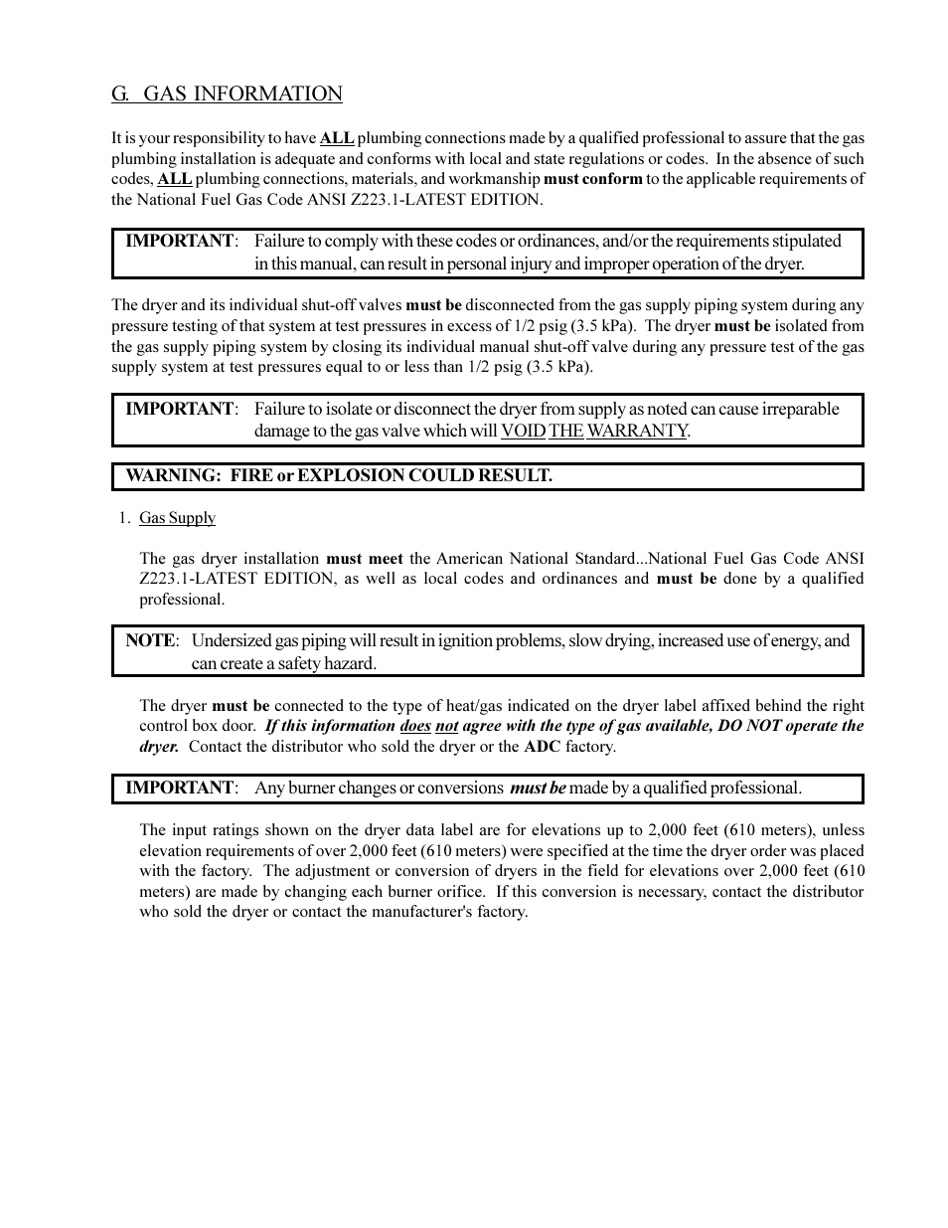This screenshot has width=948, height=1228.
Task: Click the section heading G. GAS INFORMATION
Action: (x=227, y=93)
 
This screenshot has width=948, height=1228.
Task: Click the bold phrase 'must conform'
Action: (x=592, y=179)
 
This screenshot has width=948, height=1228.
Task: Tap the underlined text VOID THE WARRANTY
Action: (x=594, y=431)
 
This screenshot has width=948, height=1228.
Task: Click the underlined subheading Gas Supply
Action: (x=177, y=518)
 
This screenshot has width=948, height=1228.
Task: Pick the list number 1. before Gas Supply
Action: (x=123, y=518)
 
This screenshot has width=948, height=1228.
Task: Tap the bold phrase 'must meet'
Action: (x=364, y=559)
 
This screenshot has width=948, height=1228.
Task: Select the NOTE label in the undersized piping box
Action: (x=150, y=640)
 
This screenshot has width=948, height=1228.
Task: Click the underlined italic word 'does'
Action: (x=414, y=726)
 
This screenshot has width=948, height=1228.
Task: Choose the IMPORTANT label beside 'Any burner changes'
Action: (x=180, y=788)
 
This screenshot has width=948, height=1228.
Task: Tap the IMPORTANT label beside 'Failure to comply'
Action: (x=180, y=241)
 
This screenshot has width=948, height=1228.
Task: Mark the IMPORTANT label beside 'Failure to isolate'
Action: (x=180, y=409)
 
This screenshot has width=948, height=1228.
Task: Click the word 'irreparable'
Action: (x=800, y=409)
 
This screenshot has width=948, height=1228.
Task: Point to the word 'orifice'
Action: (x=460, y=892)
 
